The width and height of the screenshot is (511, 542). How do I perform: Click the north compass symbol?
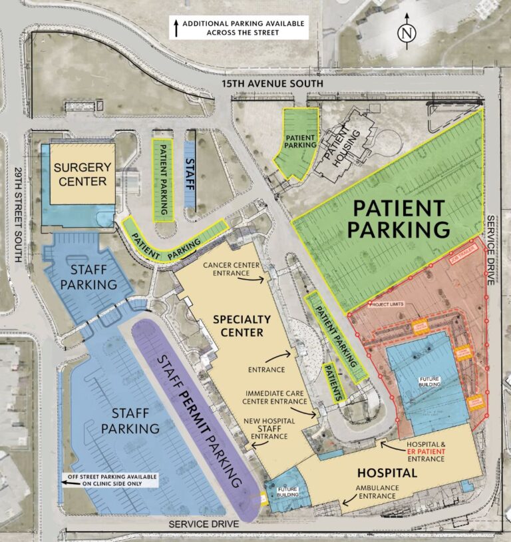pyautogui.click(x=405, y=33)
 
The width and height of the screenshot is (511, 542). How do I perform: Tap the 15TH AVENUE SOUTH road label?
pyautogui.click(x=273, y=84)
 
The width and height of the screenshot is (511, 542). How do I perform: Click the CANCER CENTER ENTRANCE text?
pyautogui.click(x=232, y=270)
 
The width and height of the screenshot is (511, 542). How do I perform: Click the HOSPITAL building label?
pyautogui.click(x=387, y=473)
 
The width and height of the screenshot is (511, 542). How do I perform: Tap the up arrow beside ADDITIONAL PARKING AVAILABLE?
pyautogui.click(x=176, y=27)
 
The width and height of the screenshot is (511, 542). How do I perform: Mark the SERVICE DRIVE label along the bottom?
pyautogui.click(x=203, y=524)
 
